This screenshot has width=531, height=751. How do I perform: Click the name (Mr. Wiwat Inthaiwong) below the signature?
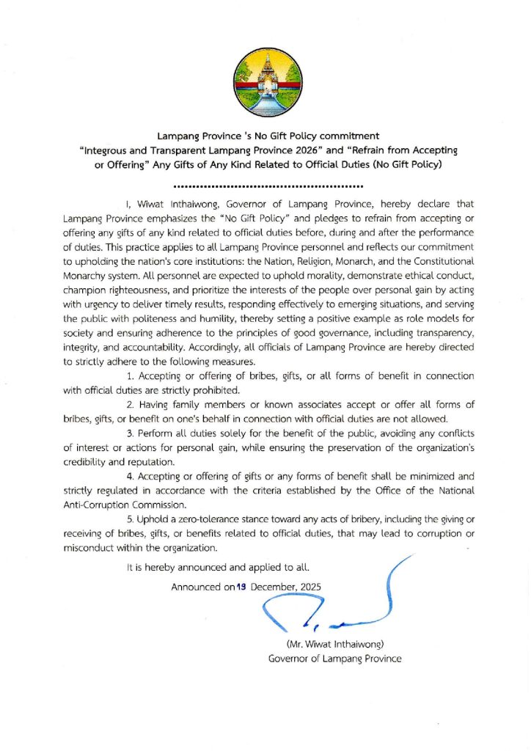tap(334, 644)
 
